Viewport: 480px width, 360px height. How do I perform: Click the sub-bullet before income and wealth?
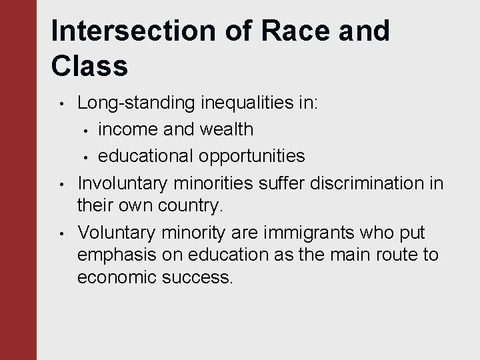pyautogui.click(x=86, y=129)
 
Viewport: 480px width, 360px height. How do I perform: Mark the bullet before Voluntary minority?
pyautogui.click(x=61, y=233)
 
